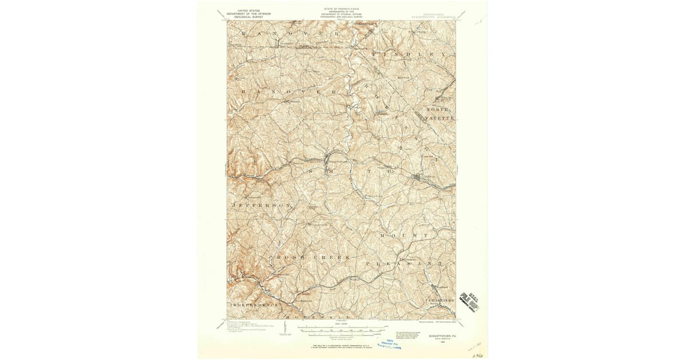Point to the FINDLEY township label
408,54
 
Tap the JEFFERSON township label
261,204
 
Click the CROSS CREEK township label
313,258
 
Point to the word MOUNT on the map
404,235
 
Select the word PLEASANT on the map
404,263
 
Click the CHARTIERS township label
441,300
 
